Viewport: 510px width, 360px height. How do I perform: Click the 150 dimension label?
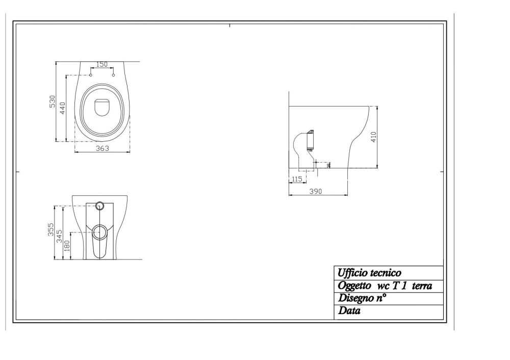[102, 64]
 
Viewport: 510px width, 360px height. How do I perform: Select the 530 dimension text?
[52, 101]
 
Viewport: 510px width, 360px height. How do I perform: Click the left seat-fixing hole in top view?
[90, 75]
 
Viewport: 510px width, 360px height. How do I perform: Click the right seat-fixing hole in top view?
[113, 75]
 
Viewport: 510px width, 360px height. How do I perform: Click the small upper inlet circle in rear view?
[100, 206]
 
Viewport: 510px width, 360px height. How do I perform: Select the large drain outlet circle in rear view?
[100, 232]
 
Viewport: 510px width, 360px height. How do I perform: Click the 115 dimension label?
[297, 178]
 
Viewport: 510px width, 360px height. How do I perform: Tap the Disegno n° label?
[362, 298]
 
